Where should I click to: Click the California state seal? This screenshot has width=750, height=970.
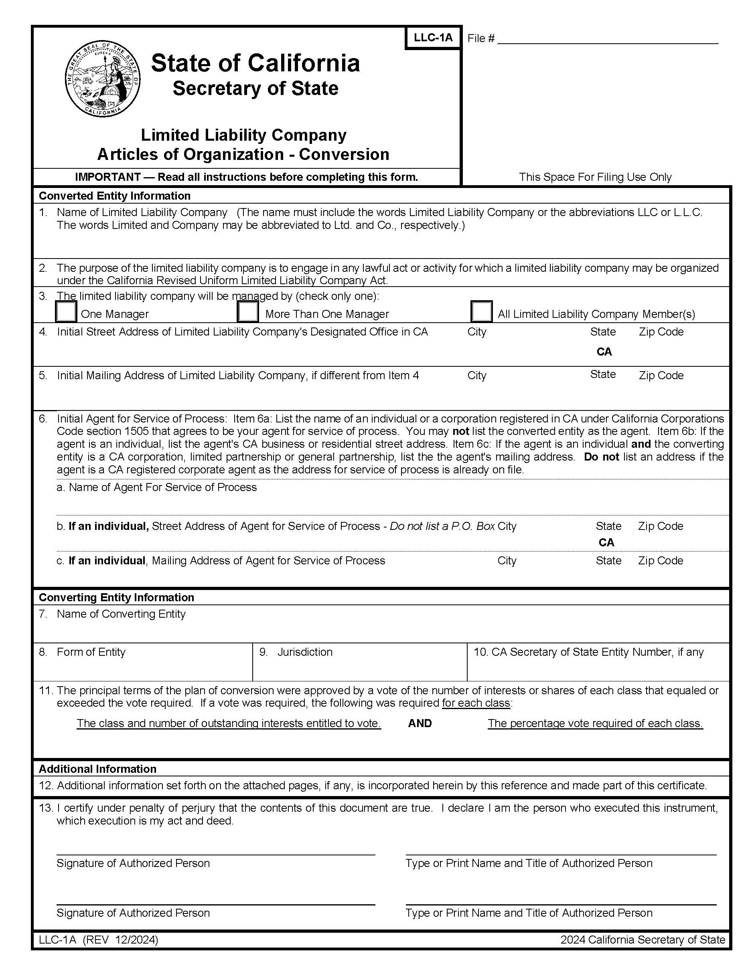pyautogui.click(x=103, y=80)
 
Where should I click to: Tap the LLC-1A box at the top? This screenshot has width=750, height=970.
pyautogui.click(x=433, y=38)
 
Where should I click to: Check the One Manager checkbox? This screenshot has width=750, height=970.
pyautogui.click(x=66, y=311)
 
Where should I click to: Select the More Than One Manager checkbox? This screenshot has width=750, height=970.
pyautogui.click(x=248, y=311)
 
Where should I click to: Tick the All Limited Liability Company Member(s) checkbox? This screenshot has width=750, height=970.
pyautogui.click(x=481, y=311)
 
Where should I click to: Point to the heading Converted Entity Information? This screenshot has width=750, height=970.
pyautogui.click(x=115, y=196)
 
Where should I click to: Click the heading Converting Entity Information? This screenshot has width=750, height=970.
pyautogui.click(x=116, y=597)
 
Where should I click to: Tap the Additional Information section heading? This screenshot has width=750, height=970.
pyautogui.click(x=97, y=769)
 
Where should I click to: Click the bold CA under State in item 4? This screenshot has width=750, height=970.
pyautogui.click(x=604, y=352)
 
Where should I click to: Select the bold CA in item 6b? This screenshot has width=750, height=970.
pyautogui.click(x=606, y=542)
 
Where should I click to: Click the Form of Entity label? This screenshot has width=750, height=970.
pyautogui.click(x=91, y=652)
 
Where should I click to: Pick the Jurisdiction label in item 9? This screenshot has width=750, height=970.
pyautogui.click(x=305, y=652)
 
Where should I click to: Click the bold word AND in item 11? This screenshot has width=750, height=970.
pyautogui.click(x=420, y=723)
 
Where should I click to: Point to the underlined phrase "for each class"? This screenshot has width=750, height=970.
pyautogui.click(x=476, y=703)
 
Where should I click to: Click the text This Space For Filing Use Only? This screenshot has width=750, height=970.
pyautogui.click(x=595, y=177)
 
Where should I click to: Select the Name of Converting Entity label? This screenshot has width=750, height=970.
pyautogui.click(x=121, y=614)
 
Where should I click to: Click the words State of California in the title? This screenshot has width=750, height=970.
pyautogui.click(x=255, y=63)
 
